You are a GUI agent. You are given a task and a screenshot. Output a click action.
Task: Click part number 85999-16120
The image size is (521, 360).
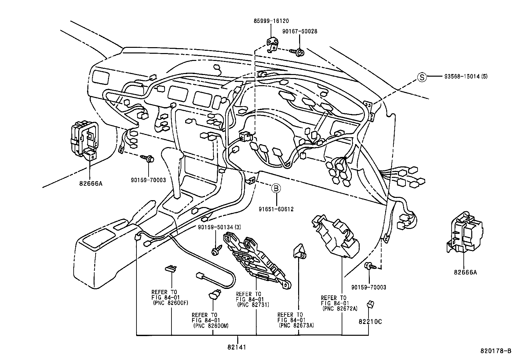pyautogui.click(x=271, y=21)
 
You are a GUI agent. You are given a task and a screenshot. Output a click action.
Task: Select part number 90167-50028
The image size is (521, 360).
pyautogui.click(x=299, y=31)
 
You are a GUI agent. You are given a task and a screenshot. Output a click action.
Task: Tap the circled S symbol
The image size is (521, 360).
pyautogui.click(x=422, y=77)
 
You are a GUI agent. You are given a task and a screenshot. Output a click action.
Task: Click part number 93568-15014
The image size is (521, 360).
pyautogui.click(x=462, y=77)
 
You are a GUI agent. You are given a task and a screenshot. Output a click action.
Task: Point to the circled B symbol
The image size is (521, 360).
pyautogui.click(x=276, y=188)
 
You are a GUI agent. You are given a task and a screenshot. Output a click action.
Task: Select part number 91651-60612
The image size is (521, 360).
pyautogui.click(x=276, y=209)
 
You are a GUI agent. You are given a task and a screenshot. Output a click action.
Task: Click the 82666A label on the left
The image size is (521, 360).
pyautogui.click(x=90, y=183)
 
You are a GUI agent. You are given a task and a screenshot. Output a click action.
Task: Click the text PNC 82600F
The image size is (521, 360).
pyautogui.click(x=171, y=303)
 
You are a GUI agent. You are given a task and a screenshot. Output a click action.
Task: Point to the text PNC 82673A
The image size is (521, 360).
pyautogui.click(x=296, y=325)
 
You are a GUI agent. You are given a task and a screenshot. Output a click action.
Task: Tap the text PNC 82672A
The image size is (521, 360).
pyautogui.click(x=340, y=308)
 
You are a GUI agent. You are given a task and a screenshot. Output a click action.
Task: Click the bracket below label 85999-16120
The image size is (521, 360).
pyautogui.click(x=272, y=44)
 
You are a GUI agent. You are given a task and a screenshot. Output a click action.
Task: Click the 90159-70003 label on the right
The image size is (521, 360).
pyautogui.click(x=368, y=287)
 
